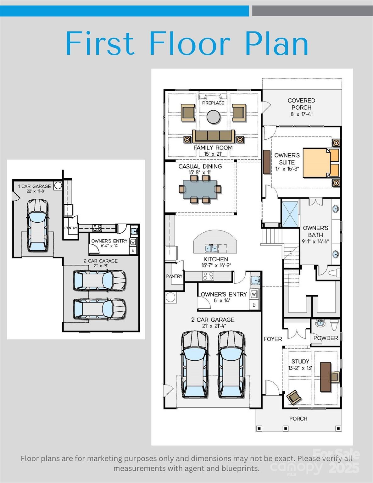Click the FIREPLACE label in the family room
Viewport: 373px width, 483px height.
tap(213, 103)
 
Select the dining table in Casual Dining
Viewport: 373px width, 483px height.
tap(200, 189)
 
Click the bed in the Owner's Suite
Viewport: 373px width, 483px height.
tap(318, 163)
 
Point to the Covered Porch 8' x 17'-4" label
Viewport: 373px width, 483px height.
tap(301, 107)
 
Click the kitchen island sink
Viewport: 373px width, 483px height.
tap(212, 248)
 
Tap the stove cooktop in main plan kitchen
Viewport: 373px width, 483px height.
tap(209, 276)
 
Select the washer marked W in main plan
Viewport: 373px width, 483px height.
tap(254, 294)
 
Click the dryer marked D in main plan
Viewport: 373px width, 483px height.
tap(254, 305)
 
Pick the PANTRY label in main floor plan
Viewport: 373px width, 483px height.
tap(174, 276)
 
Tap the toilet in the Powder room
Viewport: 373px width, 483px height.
tap(334, 324)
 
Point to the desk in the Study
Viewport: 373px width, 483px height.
tap(326, 377)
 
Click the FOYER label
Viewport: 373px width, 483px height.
tap(273, 339)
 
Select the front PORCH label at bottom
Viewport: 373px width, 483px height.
tap(298, 419)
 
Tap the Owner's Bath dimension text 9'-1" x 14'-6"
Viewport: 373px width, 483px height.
tap(315, 241)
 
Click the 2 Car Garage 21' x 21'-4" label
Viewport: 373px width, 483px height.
tap(213, 323)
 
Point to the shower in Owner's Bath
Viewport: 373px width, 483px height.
tap(290, 213)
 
